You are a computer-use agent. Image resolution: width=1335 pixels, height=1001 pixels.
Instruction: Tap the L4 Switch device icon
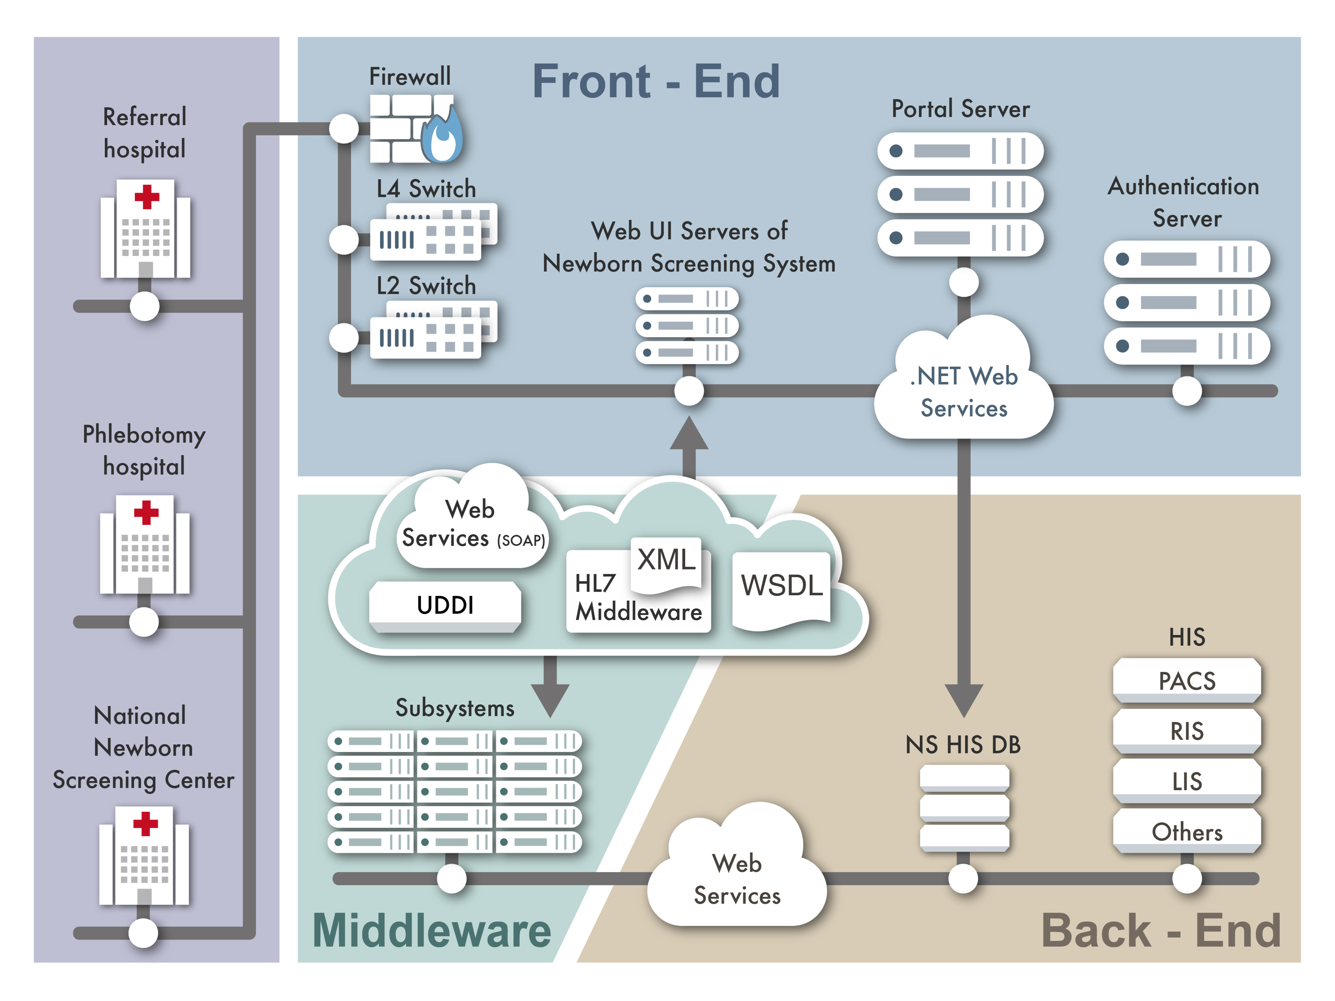432,232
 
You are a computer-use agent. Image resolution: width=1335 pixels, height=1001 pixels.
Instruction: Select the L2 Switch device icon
432,330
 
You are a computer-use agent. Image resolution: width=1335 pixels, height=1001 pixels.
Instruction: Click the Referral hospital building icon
146,229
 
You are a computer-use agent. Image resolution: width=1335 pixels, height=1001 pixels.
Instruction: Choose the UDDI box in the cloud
445,605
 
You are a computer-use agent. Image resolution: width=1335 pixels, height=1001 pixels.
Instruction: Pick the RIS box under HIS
1186,731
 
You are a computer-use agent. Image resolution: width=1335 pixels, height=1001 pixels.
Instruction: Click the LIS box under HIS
1186,781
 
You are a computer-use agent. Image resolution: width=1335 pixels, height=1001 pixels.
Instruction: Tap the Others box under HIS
1186,831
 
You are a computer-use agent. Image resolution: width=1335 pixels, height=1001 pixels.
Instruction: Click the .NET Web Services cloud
964,391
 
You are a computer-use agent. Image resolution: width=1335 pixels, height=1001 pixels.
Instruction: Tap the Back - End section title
1160,930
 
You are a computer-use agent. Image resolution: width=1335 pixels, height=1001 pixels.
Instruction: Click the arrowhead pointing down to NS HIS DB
964,700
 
